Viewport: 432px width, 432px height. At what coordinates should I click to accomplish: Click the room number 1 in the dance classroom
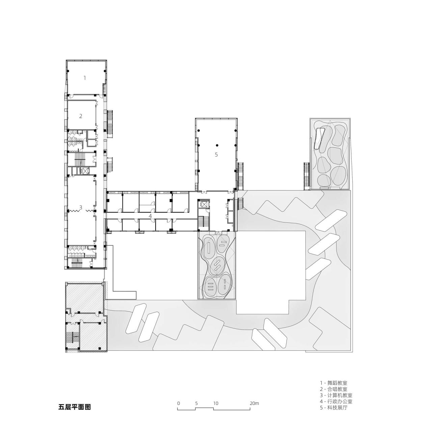(x=85, y=78)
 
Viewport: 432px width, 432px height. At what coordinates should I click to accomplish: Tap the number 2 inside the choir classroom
(x=81, y=116)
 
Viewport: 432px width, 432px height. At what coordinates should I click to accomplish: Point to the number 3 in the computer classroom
(x=81, y=207)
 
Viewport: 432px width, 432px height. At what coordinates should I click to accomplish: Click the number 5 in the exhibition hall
(x=216, y=155)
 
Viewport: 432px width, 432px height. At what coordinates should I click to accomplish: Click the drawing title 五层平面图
(x=75, y=407)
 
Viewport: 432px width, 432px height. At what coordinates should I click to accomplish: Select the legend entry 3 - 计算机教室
(x=336, y=395)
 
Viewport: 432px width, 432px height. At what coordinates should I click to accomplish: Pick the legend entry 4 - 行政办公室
(x=336, y=402)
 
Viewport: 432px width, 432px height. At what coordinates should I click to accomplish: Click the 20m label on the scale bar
(x=254, y=403)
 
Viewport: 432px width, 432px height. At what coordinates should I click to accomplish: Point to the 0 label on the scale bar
(x=179, y=403)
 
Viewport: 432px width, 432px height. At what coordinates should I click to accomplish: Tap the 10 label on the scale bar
(x=216, y=403)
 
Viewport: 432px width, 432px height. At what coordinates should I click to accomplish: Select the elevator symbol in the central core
(x=204, y=205)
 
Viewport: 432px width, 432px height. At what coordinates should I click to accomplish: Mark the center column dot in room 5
(x=217, y=145)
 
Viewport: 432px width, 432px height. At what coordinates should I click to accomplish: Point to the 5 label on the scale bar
(x=196, y=403)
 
